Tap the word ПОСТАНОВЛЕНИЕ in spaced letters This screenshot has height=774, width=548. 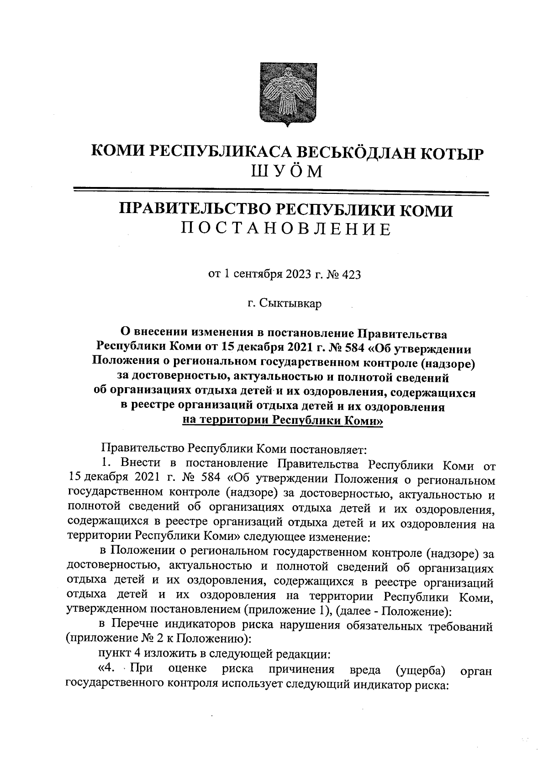(286, 229)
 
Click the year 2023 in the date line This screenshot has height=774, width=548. (300, 275)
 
